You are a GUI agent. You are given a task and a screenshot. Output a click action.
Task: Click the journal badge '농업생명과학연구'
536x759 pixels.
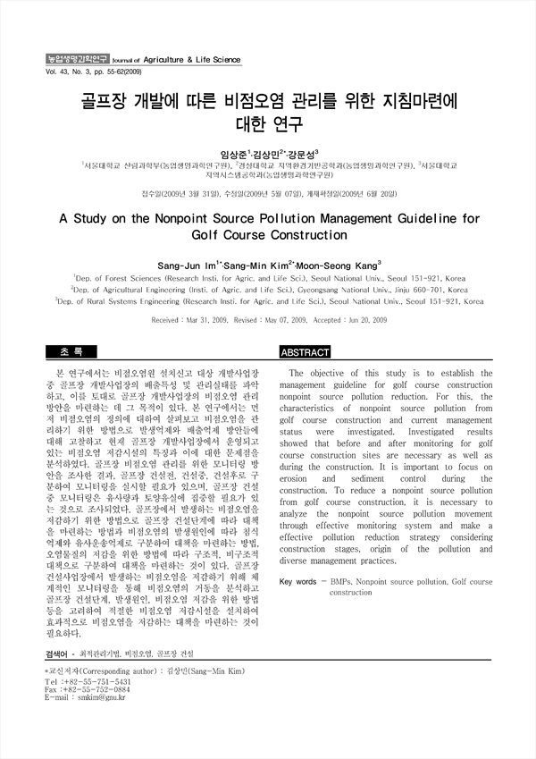coord(77,59)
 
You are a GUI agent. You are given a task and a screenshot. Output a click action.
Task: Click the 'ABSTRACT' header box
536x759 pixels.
coord(305,353)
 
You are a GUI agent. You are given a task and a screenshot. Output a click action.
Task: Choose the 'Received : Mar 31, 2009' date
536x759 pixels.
coord(191,318)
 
